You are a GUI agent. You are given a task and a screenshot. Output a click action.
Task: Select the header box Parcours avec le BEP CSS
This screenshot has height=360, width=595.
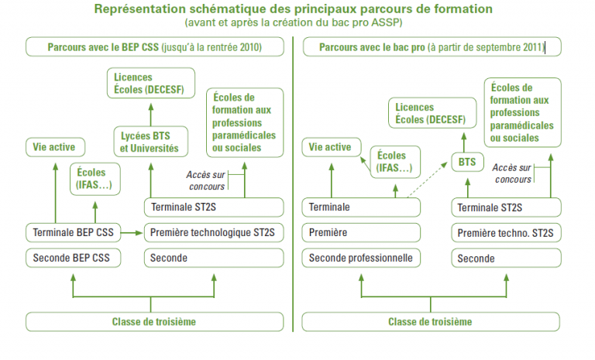155,47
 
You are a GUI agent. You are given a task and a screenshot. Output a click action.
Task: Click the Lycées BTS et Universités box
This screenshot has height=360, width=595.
150,142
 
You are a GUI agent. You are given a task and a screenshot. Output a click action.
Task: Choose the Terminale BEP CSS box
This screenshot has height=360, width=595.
74,232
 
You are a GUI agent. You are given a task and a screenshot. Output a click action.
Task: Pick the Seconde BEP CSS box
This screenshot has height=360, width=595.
74,258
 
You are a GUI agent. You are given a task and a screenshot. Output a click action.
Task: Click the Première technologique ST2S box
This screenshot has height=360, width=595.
214,232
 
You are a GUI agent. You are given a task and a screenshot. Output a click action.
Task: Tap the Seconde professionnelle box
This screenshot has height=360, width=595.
361,258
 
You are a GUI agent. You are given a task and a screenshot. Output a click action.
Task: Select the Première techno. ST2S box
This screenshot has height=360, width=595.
506,233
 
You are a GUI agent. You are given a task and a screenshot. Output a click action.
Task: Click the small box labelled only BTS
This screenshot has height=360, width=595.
467,162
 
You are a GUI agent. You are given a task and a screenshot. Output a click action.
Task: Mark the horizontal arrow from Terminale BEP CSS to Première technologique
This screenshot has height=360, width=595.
132,232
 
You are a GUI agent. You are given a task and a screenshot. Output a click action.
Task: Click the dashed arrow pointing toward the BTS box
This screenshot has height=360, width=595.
428,180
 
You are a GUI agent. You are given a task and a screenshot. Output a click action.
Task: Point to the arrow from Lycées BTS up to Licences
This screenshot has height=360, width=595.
150,115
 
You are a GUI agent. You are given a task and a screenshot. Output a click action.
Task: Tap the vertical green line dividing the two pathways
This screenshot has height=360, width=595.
293,184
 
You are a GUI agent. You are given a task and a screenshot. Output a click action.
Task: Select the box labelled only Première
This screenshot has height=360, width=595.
361,232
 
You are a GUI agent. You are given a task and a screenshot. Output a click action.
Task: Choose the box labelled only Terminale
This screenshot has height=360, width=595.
361,207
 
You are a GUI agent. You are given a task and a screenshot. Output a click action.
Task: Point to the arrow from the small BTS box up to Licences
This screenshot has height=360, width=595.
464,142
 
